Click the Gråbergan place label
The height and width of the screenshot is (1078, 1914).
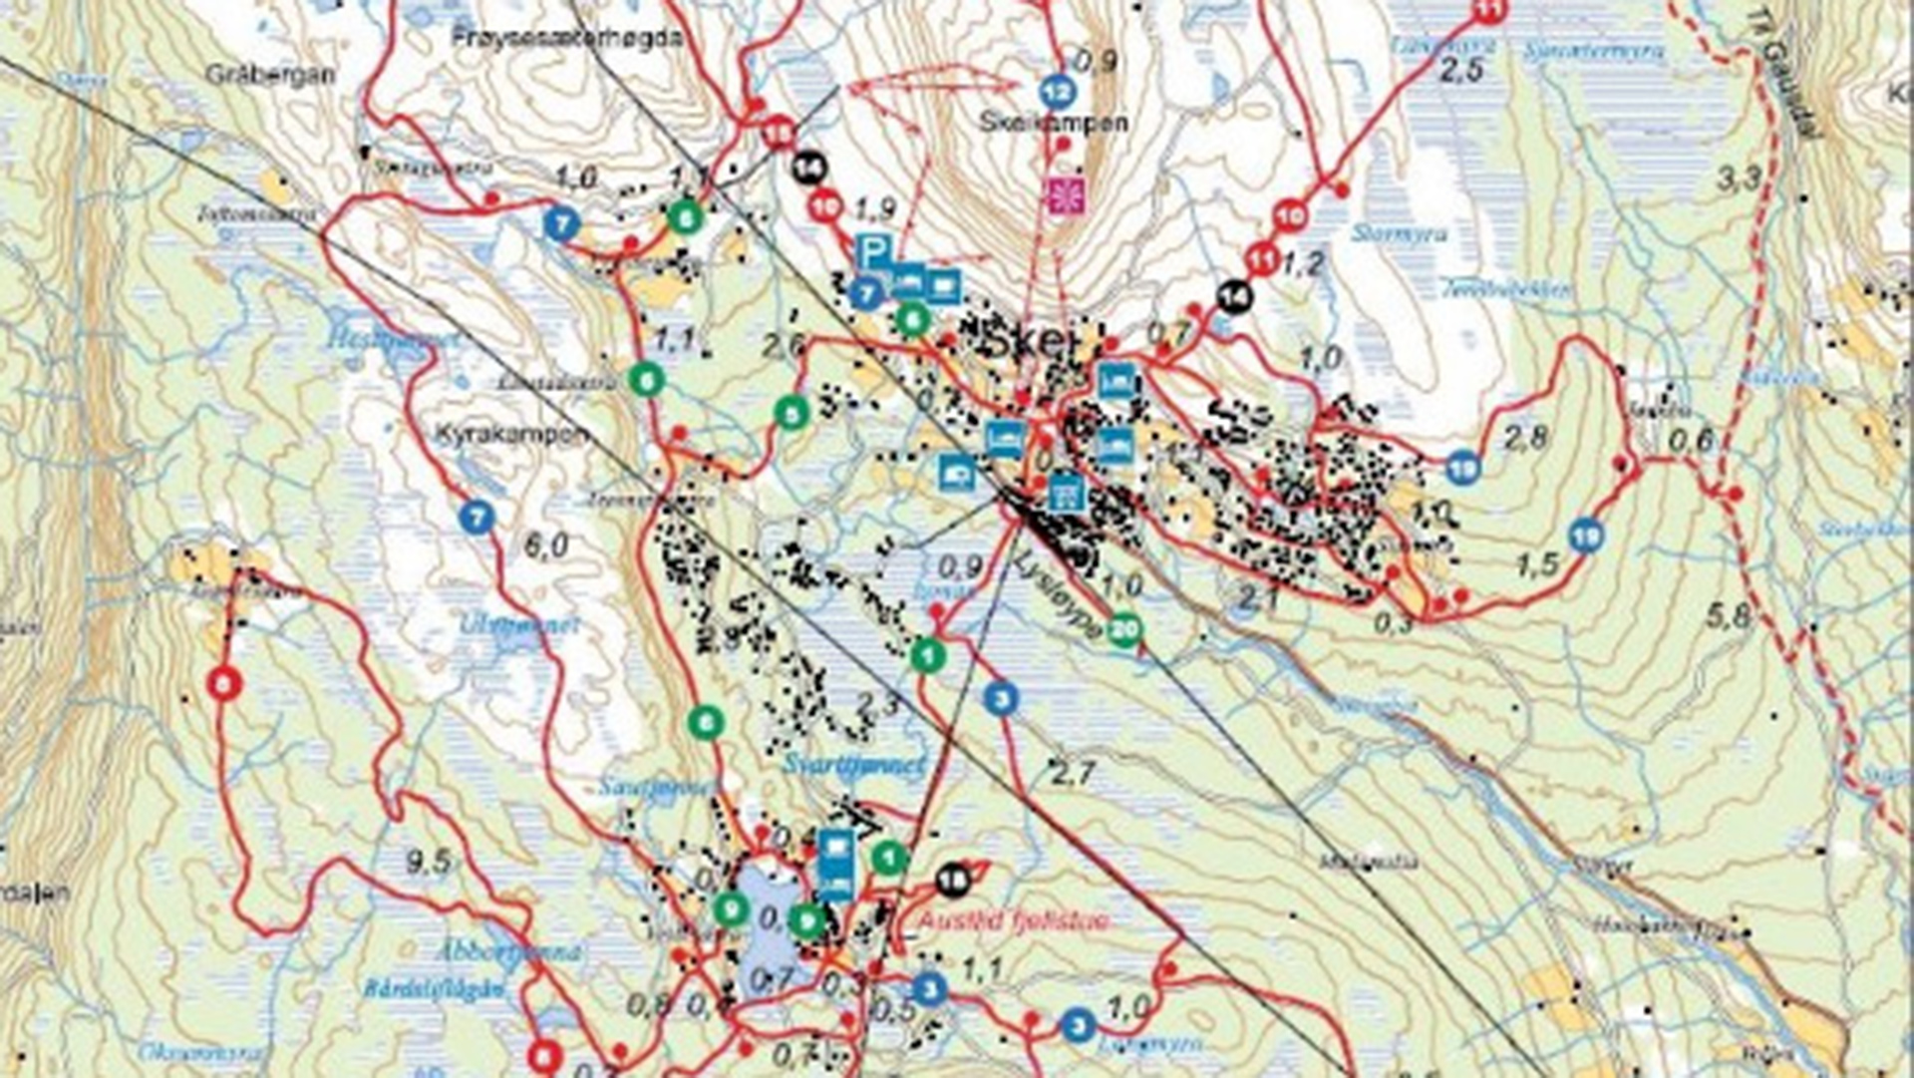coord(269,75)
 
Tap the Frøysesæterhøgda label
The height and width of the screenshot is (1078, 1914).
coord(566,38)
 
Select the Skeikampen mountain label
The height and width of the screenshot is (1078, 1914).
coord(1054,123)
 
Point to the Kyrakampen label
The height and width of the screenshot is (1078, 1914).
coord(511,436)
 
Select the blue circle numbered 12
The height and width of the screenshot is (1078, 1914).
coord(1056,93)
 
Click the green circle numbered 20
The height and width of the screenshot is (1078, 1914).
coord(1124,630)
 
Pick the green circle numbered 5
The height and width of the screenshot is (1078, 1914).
coord(791,412)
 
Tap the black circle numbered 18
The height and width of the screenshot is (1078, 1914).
coord(953,881)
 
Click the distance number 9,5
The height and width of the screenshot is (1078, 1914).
coord(429,862)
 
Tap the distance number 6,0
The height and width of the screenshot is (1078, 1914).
coord(546,545)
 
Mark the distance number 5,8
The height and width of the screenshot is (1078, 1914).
coord(1728,616)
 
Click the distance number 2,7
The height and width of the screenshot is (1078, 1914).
coord(1073,773)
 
